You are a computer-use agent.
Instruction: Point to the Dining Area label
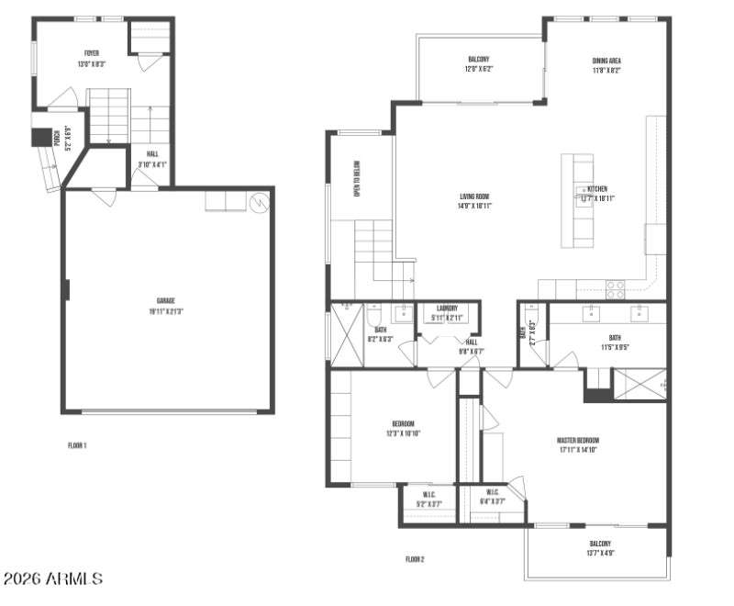click(606, 65)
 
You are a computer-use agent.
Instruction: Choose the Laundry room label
click(447, 313)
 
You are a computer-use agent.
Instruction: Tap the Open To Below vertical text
click(358, 178)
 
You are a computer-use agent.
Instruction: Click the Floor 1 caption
click(77, 445)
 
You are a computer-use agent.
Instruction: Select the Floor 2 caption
click(415, 558)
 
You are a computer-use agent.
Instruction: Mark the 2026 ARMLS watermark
click(53, 579)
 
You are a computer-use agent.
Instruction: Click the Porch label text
click(57, 140)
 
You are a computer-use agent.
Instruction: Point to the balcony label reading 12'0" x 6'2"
click(478, 64)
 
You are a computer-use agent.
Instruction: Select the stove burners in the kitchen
click(616, 290)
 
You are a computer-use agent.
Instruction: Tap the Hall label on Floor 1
click(151, 160)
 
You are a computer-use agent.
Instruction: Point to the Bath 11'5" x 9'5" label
click(614, 343)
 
